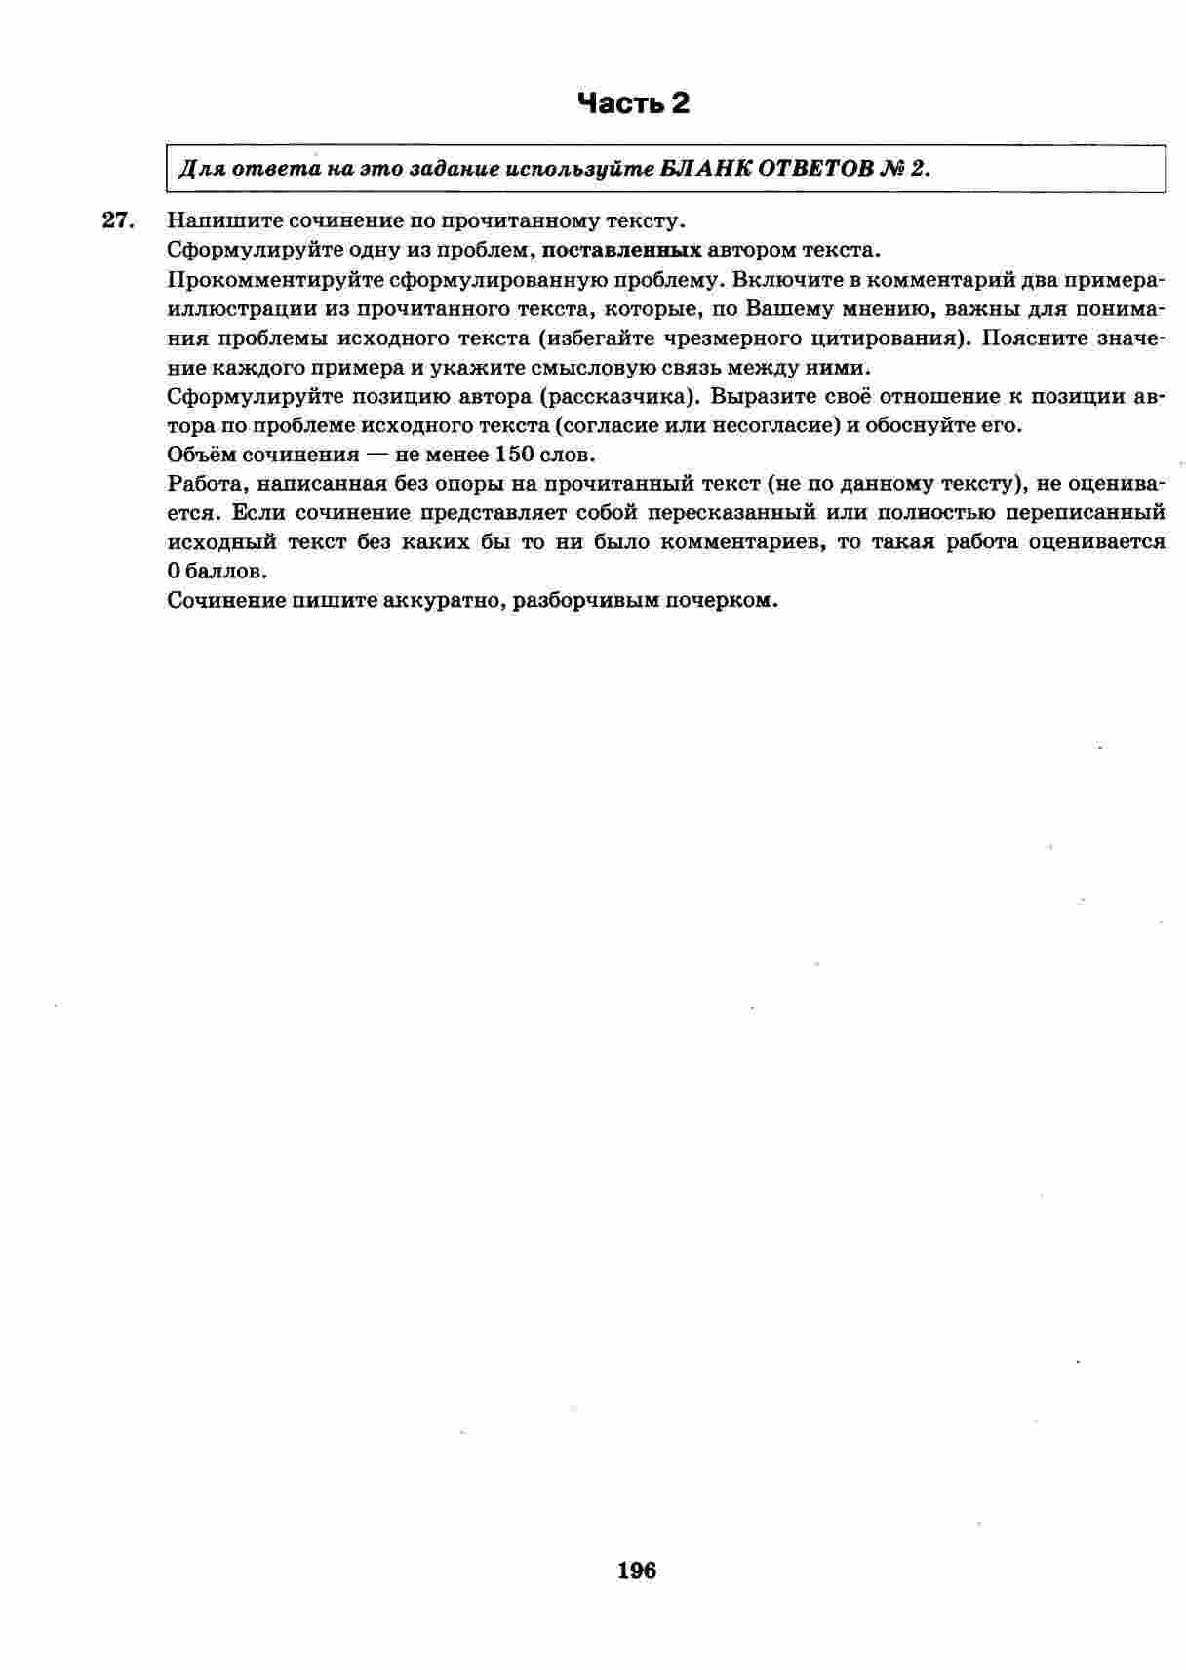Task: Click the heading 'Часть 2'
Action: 633,103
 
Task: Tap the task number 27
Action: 117,221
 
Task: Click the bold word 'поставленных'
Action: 621,250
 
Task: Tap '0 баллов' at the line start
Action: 217,571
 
